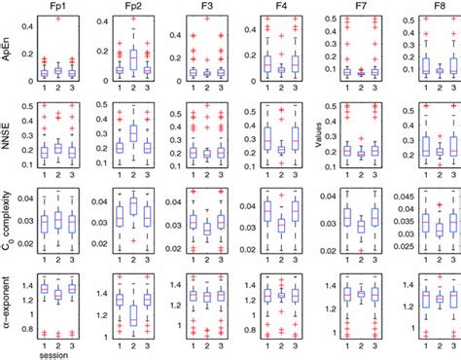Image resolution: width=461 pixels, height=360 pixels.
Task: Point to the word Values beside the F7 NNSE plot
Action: [x=325, y=135]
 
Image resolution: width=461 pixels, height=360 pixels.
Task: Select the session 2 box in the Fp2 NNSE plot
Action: [x=133, y=133]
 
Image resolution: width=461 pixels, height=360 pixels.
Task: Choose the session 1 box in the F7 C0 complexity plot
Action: [x=347, y=215]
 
